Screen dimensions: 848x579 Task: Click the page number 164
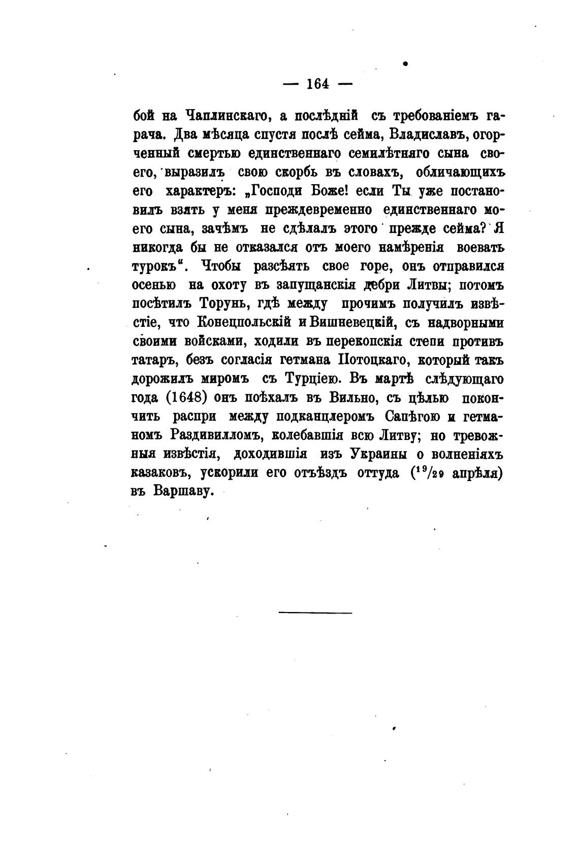pyautogui.click(x=318, y=84)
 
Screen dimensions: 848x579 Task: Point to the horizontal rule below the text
pyautogui.click(x=315, y=613)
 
